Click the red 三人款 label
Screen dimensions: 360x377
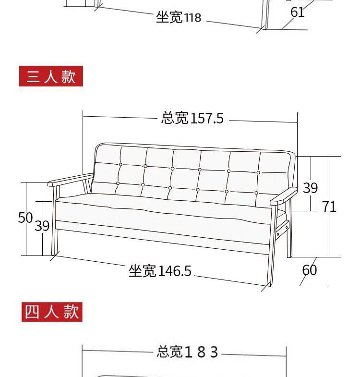click(x=51, y=76)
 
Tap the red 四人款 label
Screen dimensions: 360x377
click(x=52, y=312)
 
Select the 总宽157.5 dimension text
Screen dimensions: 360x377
click(x=192, y=118)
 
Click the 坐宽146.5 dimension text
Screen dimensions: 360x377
click(x=160, y=271)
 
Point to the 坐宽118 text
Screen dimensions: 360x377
click(x=179, y=18)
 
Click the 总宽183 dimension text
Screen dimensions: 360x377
click(x=187, y=352)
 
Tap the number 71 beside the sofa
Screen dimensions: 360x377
click(x=329, y=207)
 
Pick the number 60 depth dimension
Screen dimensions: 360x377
click(x=310, y=270)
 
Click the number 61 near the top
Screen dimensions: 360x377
click(x=298, y=12)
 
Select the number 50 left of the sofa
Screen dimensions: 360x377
click(x=25, y=218)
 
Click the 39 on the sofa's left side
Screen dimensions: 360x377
click(x=42, y=226)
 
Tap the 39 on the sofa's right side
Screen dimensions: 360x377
click(x=310, y=188)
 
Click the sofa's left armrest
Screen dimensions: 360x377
click(x=70, y=179)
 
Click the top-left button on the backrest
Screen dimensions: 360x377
click(x=120, y=165)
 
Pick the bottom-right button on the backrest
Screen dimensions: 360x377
click(x=256, y=193)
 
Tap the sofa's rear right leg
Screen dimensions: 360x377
click(x=289, y=240)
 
